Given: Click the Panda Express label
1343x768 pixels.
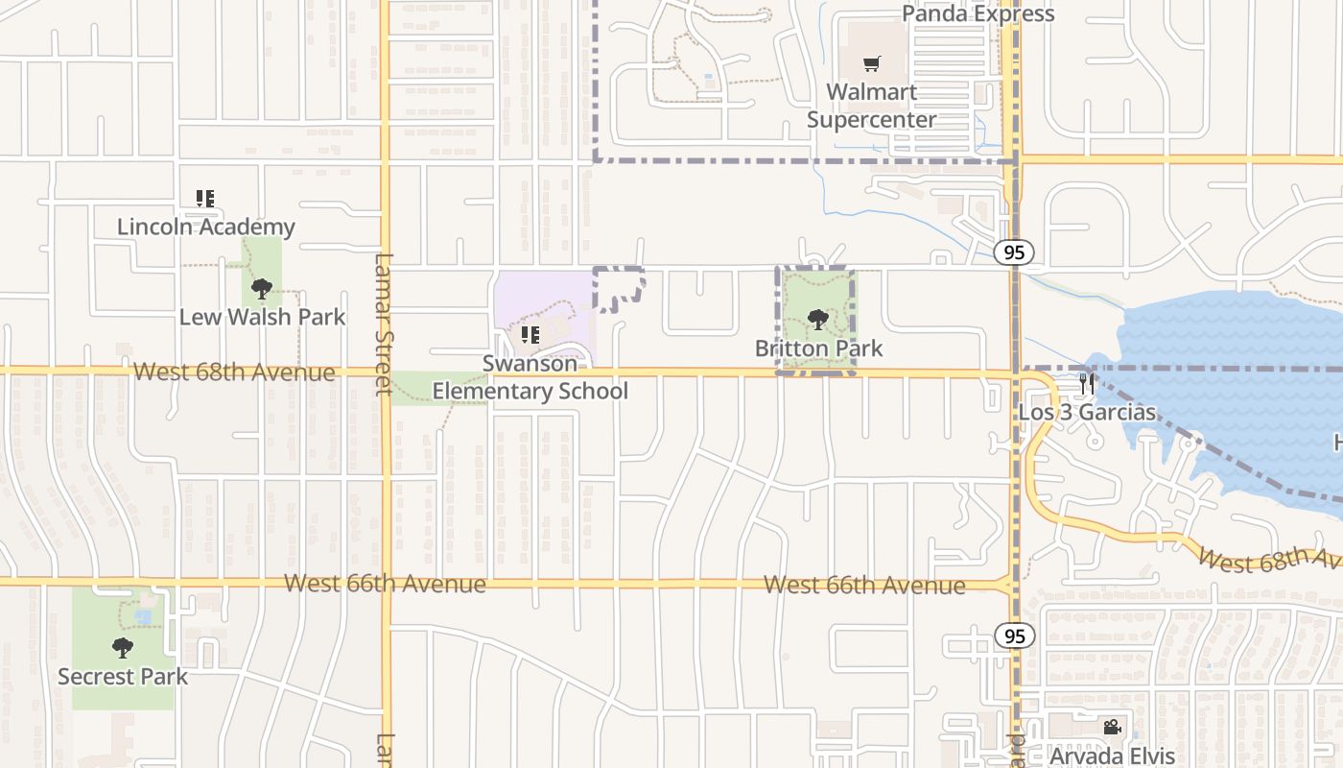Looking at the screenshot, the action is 978,13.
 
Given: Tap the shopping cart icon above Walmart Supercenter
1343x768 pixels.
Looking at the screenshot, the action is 871,64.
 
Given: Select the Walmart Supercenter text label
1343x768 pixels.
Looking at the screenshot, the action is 871,106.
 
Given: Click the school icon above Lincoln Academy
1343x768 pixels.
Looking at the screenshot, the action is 204,199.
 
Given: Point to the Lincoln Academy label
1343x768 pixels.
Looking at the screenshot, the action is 205,227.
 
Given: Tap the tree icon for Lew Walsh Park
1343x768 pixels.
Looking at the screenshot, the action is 261,288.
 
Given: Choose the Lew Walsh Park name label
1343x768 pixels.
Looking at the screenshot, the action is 262,317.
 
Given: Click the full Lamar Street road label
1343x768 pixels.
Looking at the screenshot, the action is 384,324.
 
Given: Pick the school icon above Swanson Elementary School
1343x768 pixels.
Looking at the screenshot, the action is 530,335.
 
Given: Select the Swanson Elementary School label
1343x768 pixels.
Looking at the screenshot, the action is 530,377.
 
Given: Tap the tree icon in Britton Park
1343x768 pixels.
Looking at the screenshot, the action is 817,320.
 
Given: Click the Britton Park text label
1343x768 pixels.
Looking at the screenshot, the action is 818,348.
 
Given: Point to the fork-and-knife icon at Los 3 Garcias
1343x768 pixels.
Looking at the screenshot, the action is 1087,384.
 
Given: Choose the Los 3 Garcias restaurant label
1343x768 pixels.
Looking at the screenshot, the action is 1087,413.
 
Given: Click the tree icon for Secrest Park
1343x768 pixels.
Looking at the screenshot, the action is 122,648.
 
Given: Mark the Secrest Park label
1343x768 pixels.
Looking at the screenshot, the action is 123,676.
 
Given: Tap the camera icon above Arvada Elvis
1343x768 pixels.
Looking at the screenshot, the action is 1112,727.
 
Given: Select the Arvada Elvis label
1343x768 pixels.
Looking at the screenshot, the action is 1112,755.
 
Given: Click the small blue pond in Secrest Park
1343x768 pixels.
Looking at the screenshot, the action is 143,617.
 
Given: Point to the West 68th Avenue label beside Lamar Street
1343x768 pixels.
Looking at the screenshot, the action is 234,372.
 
